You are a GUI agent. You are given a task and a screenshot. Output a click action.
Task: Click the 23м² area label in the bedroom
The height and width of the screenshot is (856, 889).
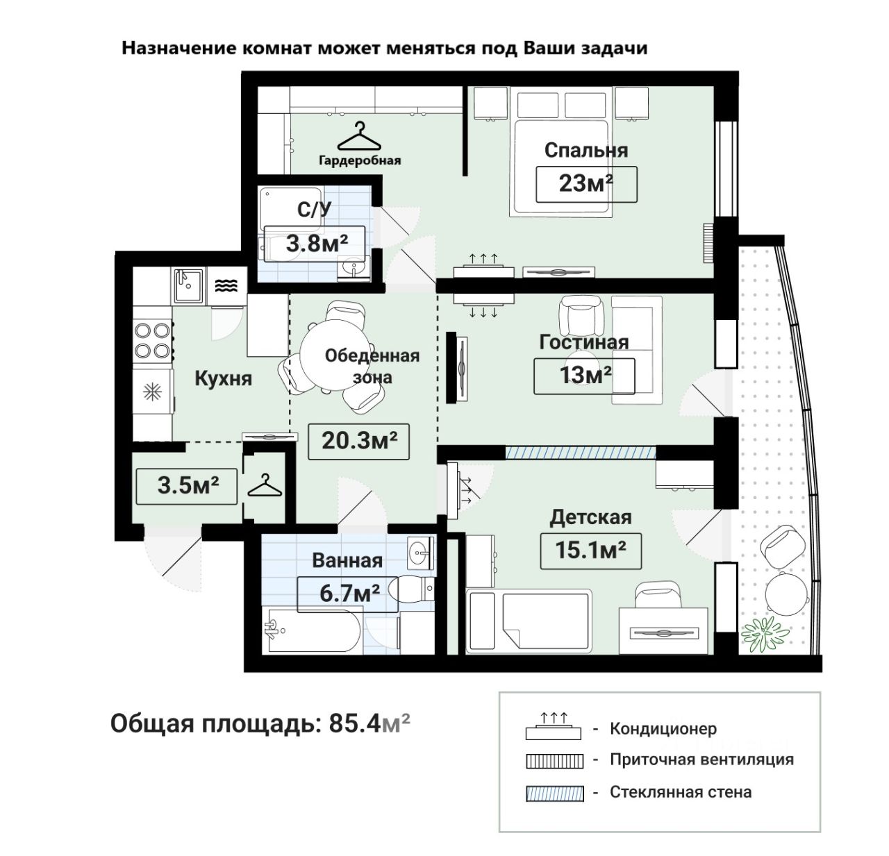click(x=586, y=184)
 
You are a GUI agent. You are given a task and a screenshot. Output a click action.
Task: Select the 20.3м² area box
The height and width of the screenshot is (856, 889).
click(x=358, y=442)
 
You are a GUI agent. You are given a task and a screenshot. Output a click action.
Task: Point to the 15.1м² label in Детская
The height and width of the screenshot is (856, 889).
click(x=590, y=551)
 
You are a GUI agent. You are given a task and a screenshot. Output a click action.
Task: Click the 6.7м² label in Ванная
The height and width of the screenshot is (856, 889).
click(x=348, y=594)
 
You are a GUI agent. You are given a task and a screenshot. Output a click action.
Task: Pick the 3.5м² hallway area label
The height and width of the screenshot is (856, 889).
click(x=187, y=486)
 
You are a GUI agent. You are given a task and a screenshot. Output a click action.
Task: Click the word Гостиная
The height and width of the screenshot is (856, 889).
click(x=584, y=342)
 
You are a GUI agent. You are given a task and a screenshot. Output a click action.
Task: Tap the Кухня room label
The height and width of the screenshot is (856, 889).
click(x=224, y=379)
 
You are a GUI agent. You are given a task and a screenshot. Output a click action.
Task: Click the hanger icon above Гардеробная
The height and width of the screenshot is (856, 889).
click(x=359, y=136)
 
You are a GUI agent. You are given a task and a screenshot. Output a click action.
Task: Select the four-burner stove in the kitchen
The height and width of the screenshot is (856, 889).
click(x=153, y=341)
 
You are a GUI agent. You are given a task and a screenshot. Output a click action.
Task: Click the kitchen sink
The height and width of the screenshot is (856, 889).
click(x=188, y=285)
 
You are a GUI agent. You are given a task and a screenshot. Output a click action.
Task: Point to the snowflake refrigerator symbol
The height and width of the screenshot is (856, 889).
click(x=152, y=392)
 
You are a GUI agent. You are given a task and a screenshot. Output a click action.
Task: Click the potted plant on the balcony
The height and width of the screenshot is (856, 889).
click(x=765, y=635)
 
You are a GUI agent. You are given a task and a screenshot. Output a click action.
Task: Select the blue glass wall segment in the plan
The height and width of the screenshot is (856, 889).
click(x=581, y=453)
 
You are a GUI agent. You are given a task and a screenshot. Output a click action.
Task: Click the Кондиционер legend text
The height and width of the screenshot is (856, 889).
click(x=663, y=729)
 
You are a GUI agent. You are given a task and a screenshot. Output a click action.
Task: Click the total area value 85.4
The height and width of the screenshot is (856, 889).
click(x=355, y=724)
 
